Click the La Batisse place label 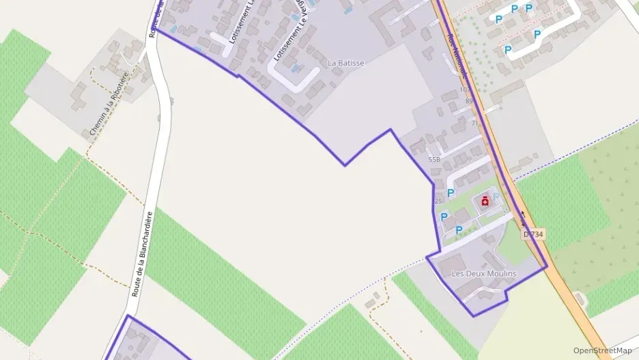tap(346, 63)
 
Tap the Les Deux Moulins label tap(484, 273)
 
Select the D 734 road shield tap(533, 234)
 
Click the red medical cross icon tap(485, 201)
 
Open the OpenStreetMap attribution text tap(602, 350)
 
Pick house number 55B tap(434, 159)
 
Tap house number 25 tap(438, 201)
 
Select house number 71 tap(474, 123)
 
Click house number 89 tap(469, 101)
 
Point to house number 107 tap(464, 89)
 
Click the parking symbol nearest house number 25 tap(450, 195)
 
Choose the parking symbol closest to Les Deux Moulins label tap(459, 230)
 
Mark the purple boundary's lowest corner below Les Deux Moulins tap(474, 316)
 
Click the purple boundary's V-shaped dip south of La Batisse tap(345, 165)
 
